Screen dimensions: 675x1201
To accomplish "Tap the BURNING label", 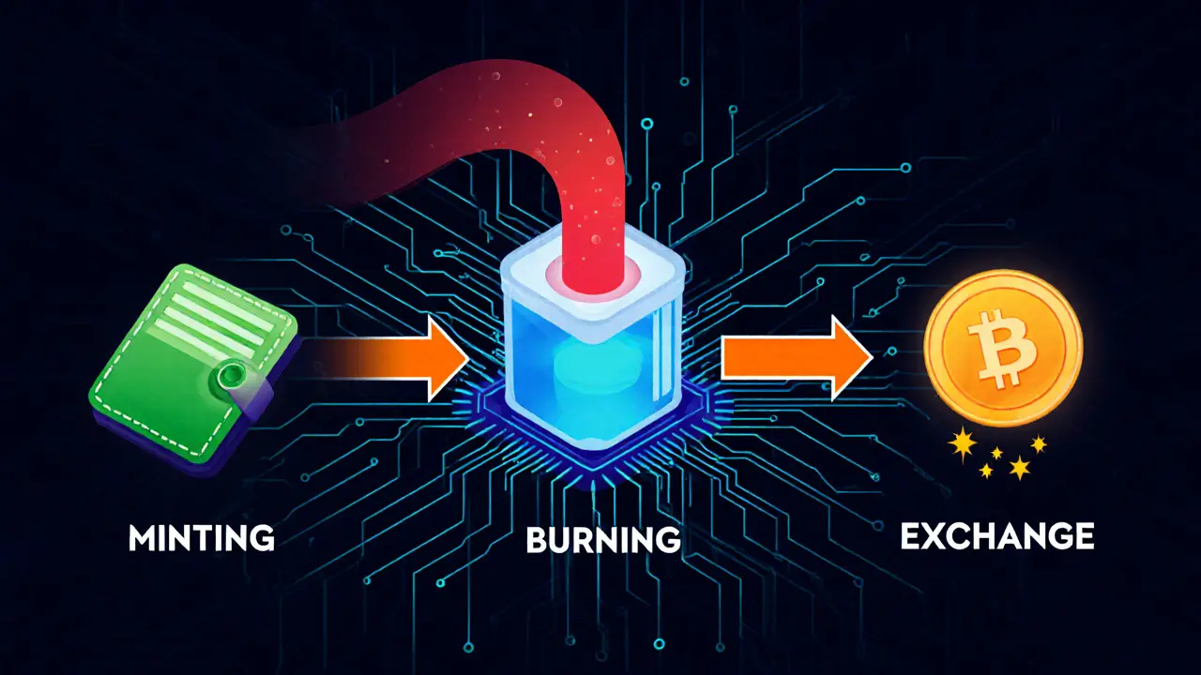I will (x=603, y=540).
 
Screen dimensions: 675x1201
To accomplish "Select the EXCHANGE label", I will (x=996, y=536).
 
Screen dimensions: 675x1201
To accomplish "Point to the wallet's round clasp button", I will (x=228, y=378).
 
